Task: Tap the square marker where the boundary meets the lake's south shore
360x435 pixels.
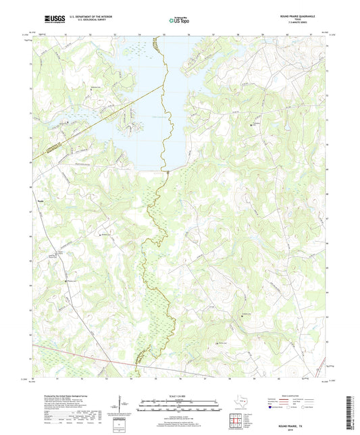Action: (x=167, y=174)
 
